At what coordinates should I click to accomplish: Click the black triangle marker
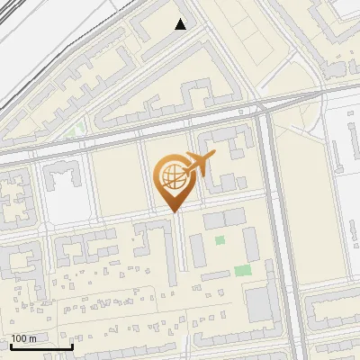(181, 24)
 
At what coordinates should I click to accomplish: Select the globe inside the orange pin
(172, 179)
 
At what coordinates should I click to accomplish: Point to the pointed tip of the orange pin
(175, 212)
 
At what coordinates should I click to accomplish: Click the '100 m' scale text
(23, 338)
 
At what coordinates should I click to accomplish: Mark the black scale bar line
(41, 346)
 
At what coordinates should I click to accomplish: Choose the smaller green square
(220, 240)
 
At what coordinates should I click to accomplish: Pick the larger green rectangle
(242, 270)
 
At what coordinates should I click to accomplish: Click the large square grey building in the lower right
(260, 305)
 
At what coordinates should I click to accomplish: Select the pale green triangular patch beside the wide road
(79, 131)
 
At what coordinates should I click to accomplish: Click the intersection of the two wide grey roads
(263, 107)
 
